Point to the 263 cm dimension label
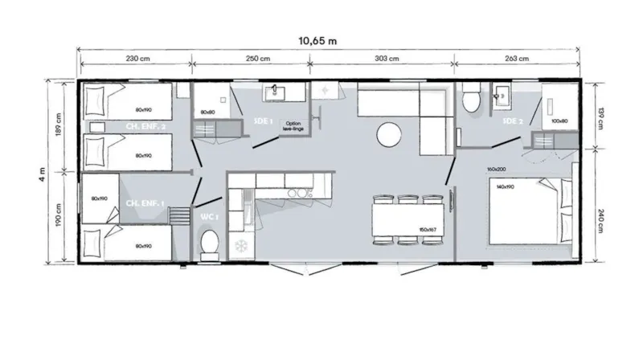pyautogui.click(x=518, y=59)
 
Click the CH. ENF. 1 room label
pyautogui.click(x=145, y=204)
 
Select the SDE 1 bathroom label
pyautogui.click(x=264, y=121)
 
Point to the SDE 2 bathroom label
pyautogui.click(x=513, y=121)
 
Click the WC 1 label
pyautogui.click(x=207, y=216)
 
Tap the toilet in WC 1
pyautogui.click(x=211, y=243)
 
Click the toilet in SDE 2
pyautogui.click(x=472, y=100)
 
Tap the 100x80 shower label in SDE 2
pyautogui.click(x=559, y=121)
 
